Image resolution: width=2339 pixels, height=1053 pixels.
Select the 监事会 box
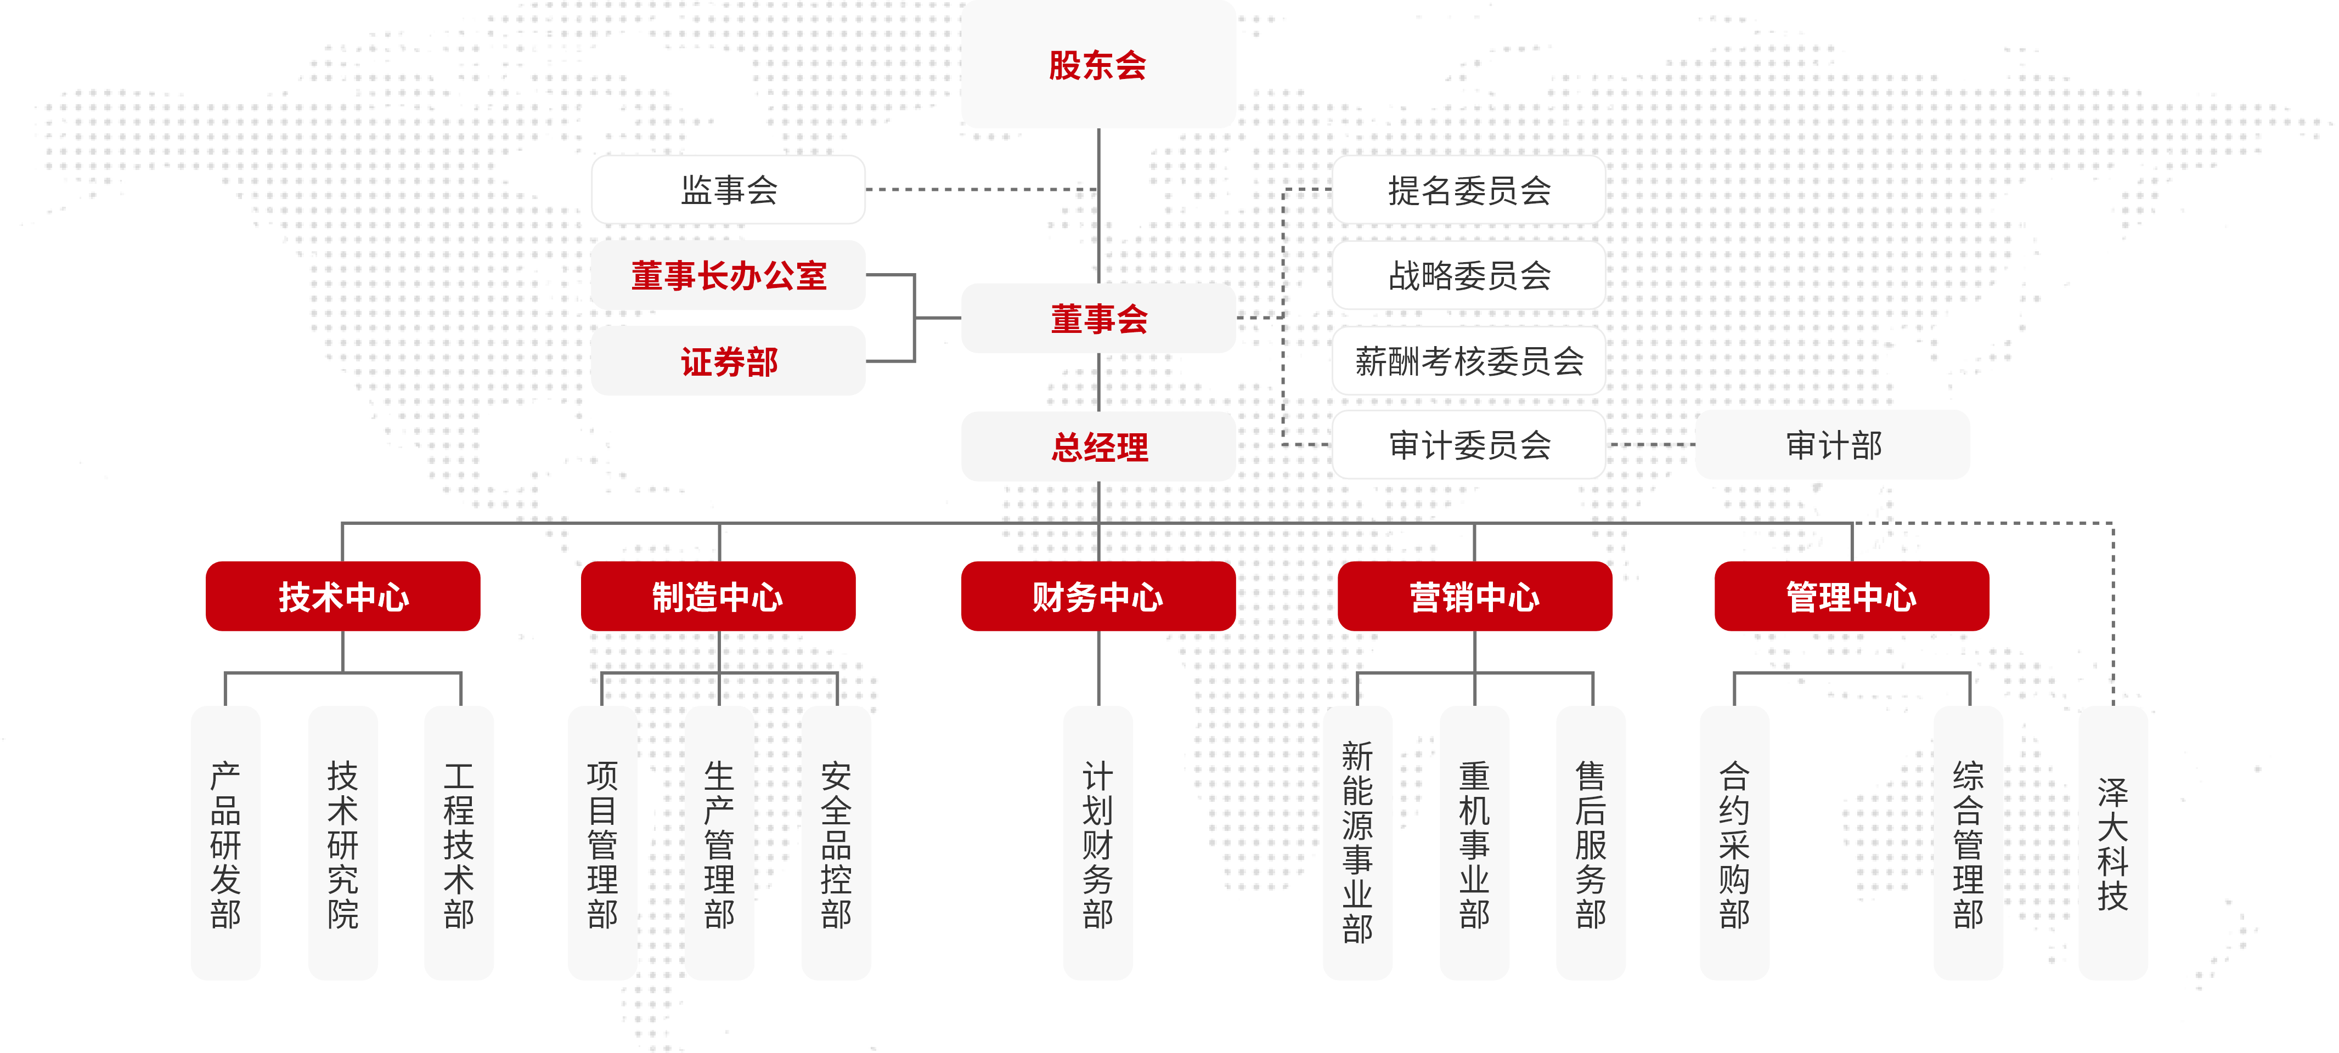coord(728,190)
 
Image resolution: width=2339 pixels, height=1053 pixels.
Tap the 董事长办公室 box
coord(728,275)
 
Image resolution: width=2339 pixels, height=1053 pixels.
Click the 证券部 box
coord(728,361)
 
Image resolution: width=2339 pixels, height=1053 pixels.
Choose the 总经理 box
coord(1098,446)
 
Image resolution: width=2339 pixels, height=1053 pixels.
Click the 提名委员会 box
coord(1468,190)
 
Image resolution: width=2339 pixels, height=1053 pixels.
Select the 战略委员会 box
coord(1468,275)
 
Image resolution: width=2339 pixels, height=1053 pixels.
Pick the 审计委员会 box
coord(1468,445)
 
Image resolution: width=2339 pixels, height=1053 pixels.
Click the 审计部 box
coord(1833,445)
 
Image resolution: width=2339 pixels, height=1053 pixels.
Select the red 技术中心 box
coord(343,596)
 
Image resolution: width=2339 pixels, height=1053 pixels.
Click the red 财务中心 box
coord(1098,596)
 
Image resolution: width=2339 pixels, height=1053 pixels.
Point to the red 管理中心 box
coord(1851,596)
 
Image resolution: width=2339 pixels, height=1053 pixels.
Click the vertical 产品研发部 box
coord(225,842)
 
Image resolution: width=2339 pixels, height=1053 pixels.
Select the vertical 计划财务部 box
coord(1098,842)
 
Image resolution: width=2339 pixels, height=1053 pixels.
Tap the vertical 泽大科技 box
coord(2113,842)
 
